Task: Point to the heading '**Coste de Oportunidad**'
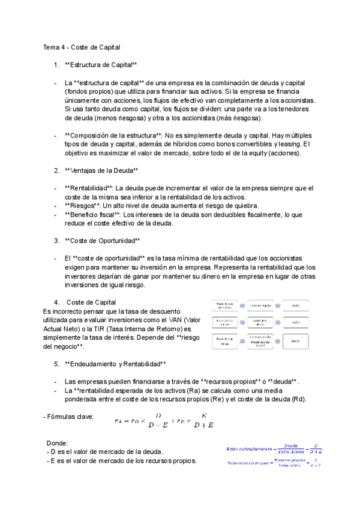tap(101, 241)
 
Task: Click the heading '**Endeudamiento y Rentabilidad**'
tap(115, 364)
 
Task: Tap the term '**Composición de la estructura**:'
tap(113, 135)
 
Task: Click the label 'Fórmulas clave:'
tap(68, 417)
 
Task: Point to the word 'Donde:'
tap(58, 442)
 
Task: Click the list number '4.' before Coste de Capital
tap(56, 302)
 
